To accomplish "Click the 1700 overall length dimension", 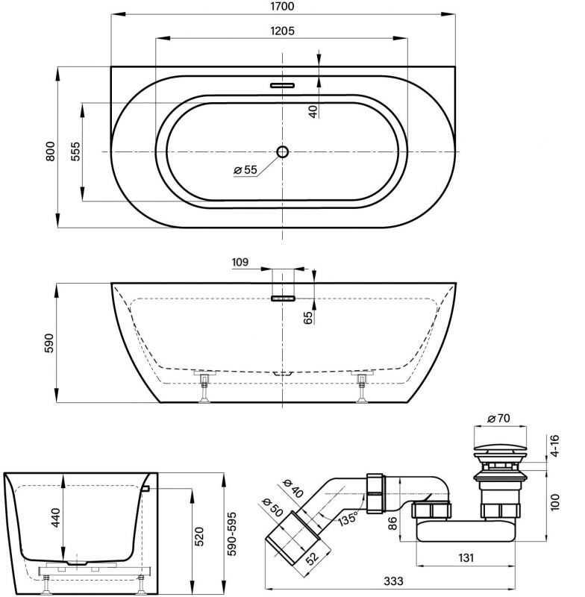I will pyautogui.click(x=284, y=7).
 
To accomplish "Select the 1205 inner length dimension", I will pyautogui.click(x=284, y=31).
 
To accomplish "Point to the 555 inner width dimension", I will pyautogui.click(x=75, y=152).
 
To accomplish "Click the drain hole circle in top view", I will pyautogui.click(x=283, y=152).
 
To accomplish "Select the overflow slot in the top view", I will pyautogui.click(x=283, y=85).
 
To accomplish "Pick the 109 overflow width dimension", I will pyautogui.click(x=240, y=263).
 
